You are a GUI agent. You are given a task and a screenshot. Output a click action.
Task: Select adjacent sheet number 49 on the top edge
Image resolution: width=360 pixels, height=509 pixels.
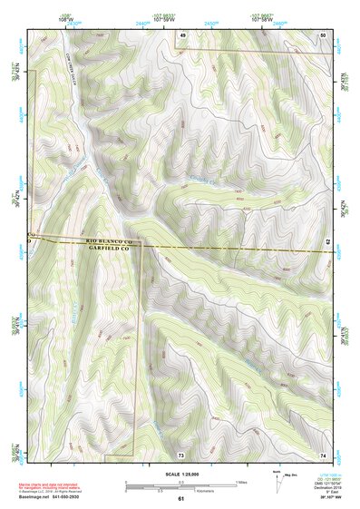[x=181, y=34]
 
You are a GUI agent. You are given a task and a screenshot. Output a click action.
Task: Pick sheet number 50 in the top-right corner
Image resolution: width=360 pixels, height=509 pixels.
[x=322, y=34]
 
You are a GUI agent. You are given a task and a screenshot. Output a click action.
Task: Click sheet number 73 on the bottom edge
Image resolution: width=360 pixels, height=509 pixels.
[x=181, y=454]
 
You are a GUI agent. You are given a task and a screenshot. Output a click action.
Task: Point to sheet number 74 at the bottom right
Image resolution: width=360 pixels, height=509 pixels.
[x=322, y=454]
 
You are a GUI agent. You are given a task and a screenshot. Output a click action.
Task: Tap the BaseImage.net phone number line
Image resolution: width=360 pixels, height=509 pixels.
[x=51, y=497]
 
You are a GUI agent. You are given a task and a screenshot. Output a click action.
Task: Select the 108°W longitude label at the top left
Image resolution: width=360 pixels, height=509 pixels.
[x=63, y=17]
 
